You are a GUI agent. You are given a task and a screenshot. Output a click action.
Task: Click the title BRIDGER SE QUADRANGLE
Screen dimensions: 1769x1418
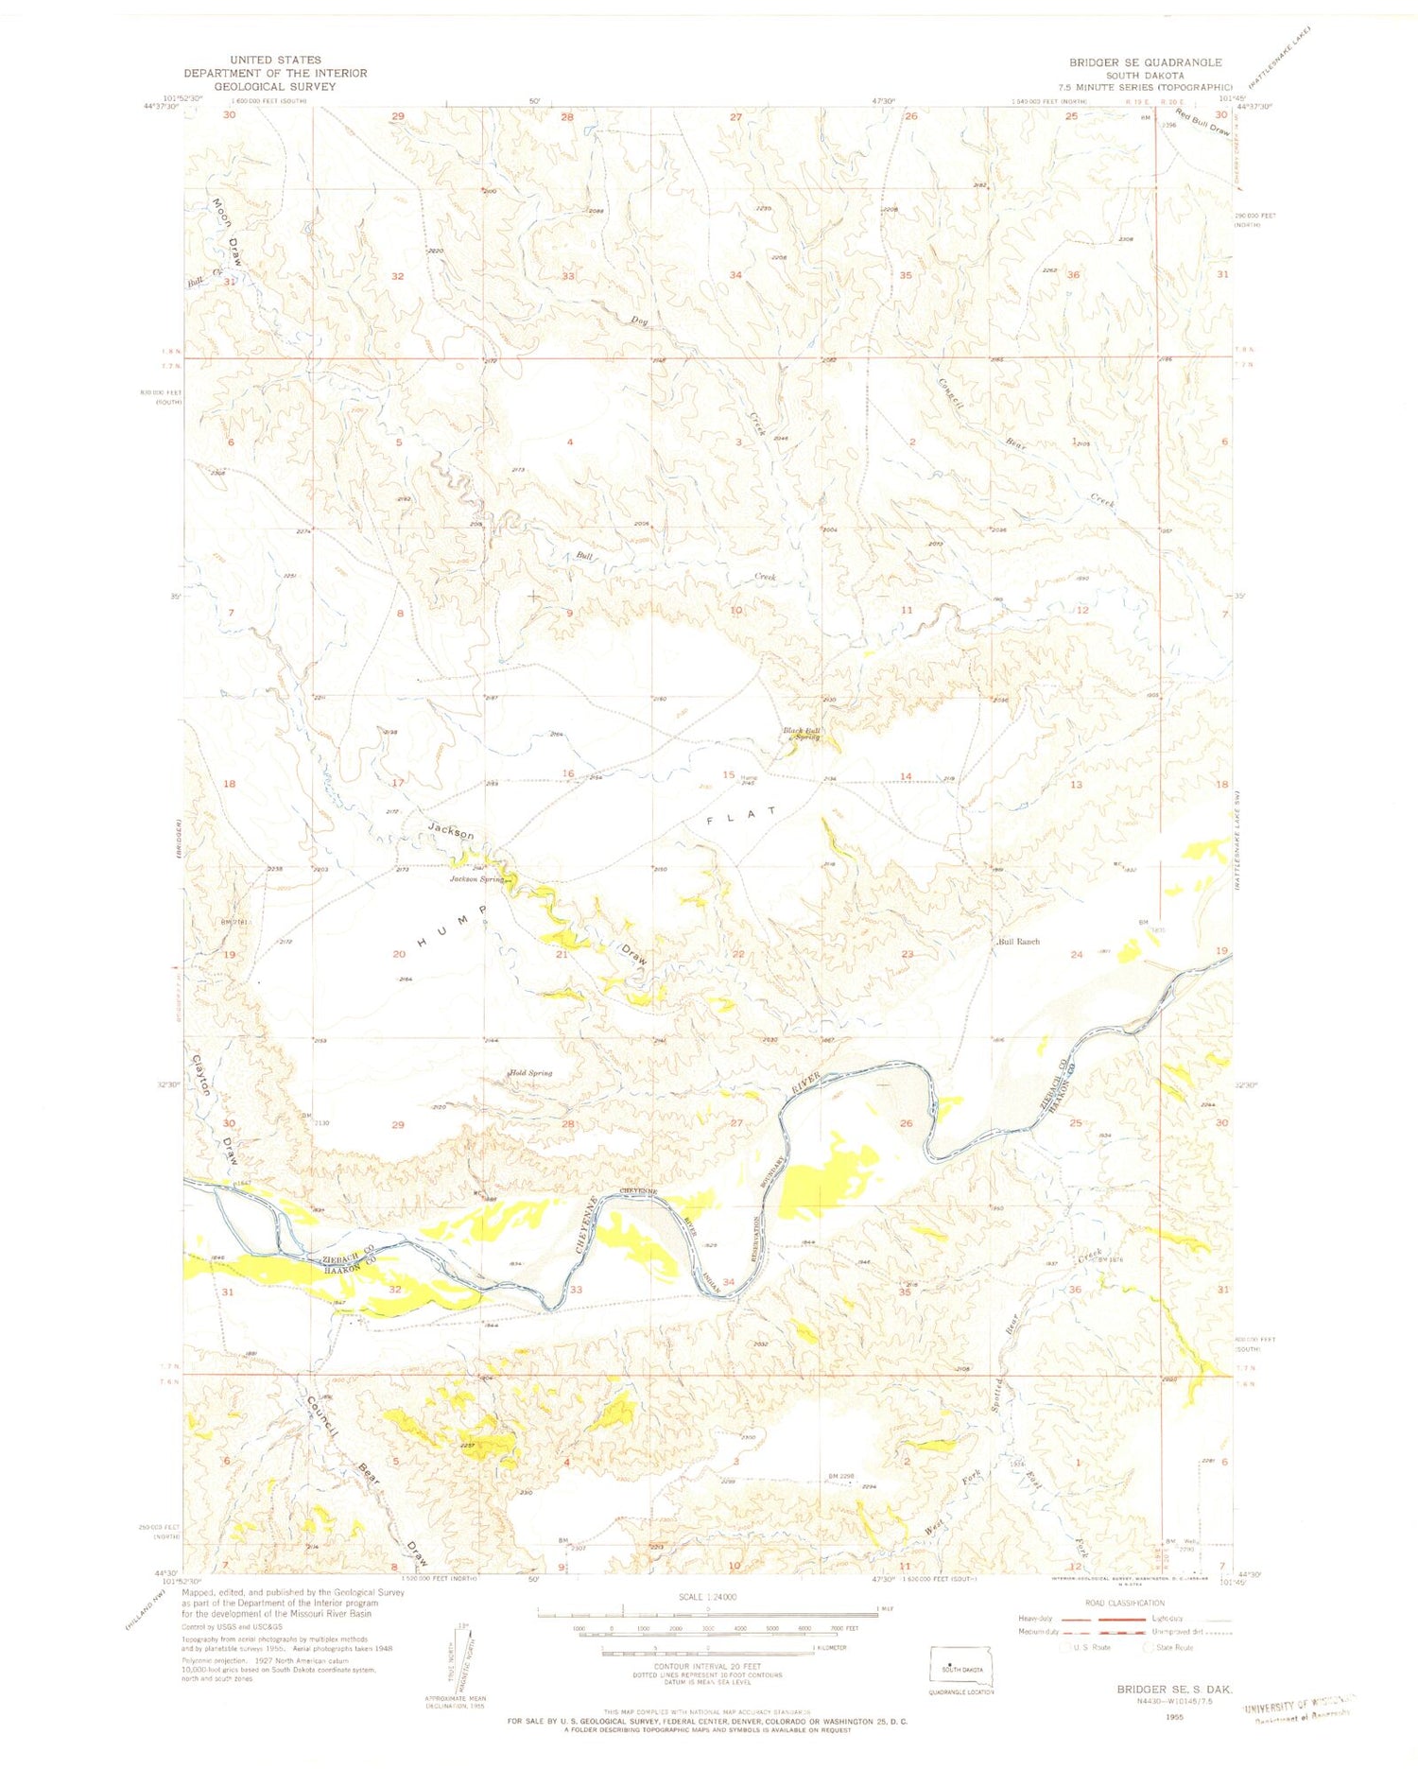pos(1145,62)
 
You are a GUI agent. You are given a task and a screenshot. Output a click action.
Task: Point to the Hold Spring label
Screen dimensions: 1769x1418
pos(530,1073)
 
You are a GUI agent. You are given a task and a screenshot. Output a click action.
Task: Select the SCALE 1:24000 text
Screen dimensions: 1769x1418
pos(706,1597)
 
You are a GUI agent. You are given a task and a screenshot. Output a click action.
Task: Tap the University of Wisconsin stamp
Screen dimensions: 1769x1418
pos(1299,1712)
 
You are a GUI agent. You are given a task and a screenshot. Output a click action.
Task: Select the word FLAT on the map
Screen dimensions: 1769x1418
pos(744,816)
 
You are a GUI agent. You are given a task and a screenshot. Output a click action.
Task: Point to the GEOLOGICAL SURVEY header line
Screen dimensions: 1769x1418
pos(275,86)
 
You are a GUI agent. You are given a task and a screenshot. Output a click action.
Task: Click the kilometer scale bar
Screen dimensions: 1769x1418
pos(706,1654)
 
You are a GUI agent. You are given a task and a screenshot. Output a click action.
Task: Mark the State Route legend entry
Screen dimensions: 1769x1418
pos(1169,1647)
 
